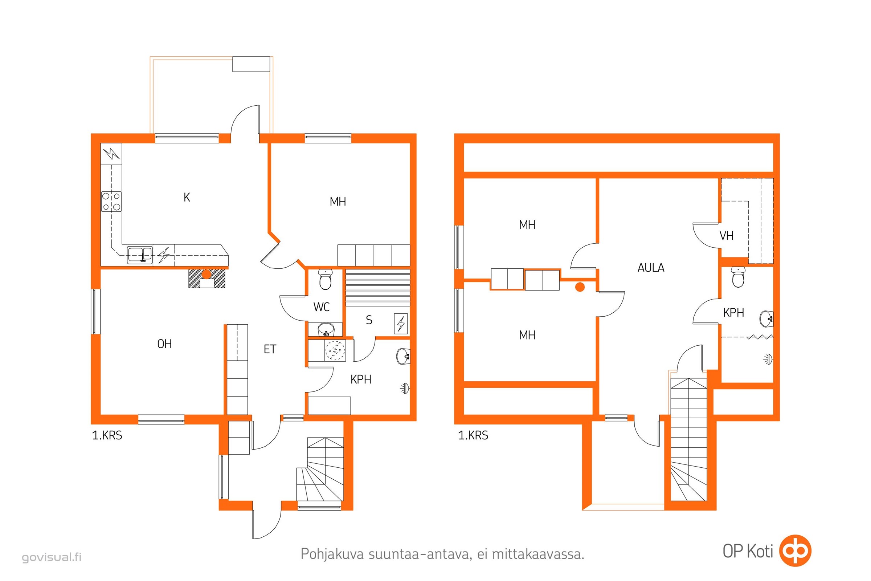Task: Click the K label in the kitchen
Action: (187, 197)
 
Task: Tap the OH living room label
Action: (164, 344)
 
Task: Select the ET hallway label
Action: (270, 349)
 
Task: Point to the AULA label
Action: (651, 268)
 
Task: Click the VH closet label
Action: (726, 236)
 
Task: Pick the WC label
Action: (321, 307)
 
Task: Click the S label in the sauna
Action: (369, 320)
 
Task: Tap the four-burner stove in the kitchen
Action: (111, 202)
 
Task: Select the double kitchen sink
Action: (140, 255)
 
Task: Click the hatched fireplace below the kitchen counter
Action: (206, 279)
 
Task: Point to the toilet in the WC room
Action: (326, 279)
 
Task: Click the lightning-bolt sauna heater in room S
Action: (401, 324)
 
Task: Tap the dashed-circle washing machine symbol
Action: (335, 350)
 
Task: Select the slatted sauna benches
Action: (378, 288)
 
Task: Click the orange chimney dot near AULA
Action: (580, 287)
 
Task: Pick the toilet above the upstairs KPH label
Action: (738, 277)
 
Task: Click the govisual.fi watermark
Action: (52, 557)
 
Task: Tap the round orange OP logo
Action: (795, 550)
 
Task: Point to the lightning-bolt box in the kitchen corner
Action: (111, 154)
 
